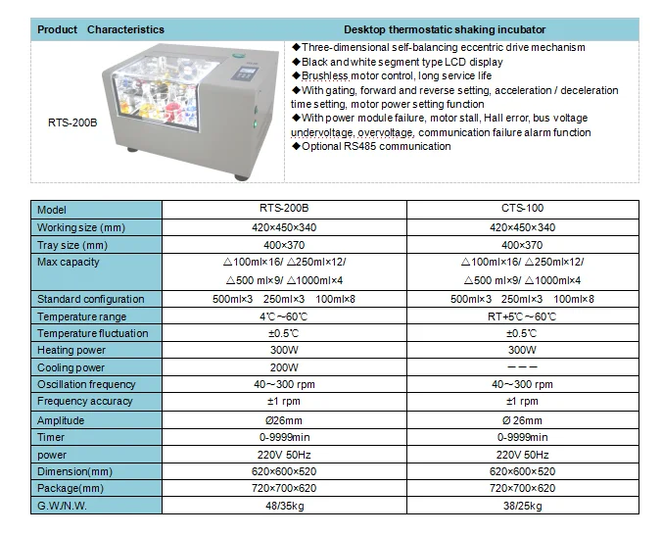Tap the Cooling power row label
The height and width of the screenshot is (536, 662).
click(x=72, y=367)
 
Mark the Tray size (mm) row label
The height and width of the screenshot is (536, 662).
click(x=72, y=245)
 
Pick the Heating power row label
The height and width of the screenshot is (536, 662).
click(x=72, y=350)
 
